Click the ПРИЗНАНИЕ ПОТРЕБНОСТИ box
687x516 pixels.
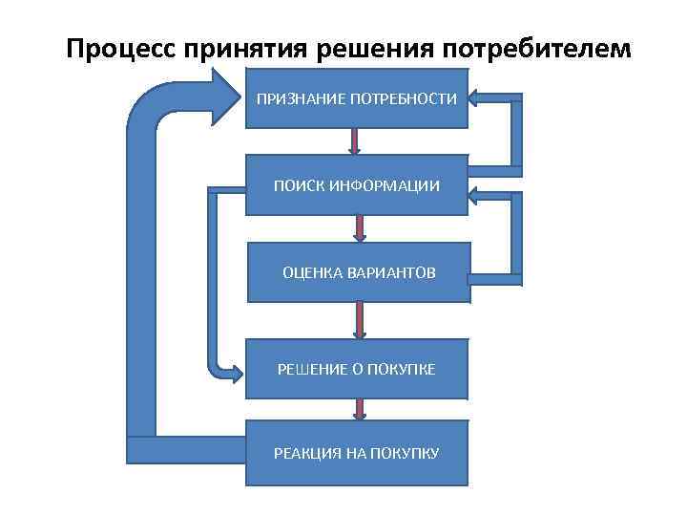click(x=357, y=98)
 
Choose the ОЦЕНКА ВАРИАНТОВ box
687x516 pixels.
click(x=359, y=273)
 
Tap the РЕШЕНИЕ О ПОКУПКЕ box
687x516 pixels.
click(x=357, y=369)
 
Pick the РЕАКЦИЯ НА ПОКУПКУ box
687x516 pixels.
click(x=357, y=453)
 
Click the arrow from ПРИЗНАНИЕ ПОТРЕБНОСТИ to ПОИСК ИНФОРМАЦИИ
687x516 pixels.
click(x=354, y=141)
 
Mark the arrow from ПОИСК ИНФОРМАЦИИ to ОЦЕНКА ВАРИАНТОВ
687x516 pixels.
click(x=360, y=227)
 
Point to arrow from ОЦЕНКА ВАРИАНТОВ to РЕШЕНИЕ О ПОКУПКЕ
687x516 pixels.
click(x=360, y=320)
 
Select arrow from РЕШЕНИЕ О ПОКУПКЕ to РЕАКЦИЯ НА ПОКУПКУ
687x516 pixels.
click(x=360, y=409)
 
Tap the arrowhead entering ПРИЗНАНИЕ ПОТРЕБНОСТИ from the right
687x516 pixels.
click(x=478, y=98)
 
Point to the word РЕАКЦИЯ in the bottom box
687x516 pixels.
click(x=305, y=453)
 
